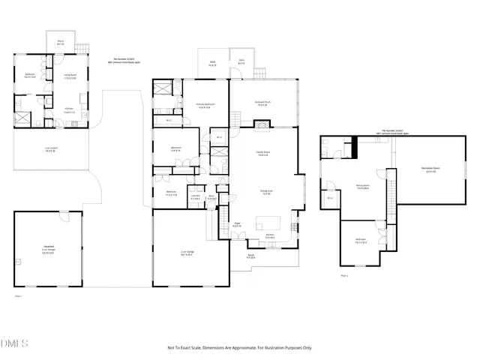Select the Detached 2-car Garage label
(47, 251)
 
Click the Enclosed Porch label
(262, 104)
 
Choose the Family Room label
(262, 154)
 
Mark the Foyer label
(235, 224)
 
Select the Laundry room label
(194, 197)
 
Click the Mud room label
(212, 197)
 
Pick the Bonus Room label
(364, 187)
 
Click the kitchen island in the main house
(268, 223)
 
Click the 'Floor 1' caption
(19, 296)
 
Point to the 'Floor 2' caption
(344, 276)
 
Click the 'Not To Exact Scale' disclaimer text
(239, 348)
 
